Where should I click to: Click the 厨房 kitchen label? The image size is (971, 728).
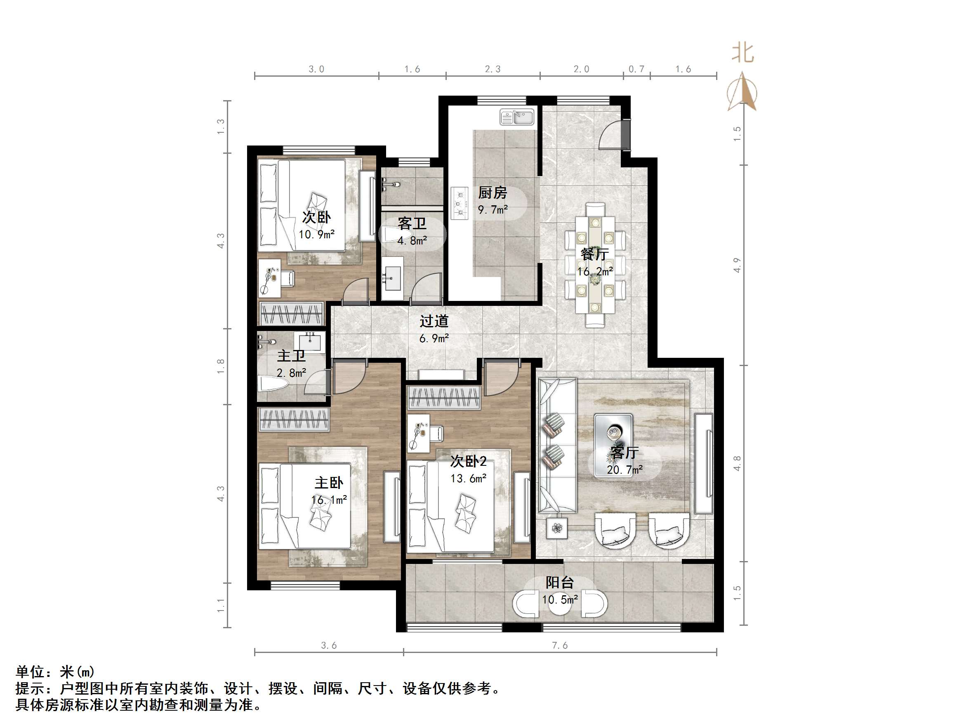pos(492,193)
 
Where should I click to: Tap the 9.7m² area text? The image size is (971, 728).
pos(493,210)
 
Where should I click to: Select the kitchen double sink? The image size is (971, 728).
pos(517,117)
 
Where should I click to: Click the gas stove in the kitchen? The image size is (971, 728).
pos(459,203)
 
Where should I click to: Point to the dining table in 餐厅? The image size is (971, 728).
pos(595,265)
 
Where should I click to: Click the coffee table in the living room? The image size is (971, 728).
pos(613,445)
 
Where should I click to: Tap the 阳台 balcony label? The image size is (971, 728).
pos(559,582)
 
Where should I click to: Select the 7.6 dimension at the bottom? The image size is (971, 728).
pos(560,645)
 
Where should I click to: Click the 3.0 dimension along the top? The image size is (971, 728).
pos(316,69)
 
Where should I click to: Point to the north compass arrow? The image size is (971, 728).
pos(742,92)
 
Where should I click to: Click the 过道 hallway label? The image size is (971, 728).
pos(434,321)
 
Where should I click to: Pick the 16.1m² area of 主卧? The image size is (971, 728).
pos(329,500)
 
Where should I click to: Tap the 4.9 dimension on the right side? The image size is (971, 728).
pos(737,265)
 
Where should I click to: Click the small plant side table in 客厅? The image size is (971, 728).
pos(556,528)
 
